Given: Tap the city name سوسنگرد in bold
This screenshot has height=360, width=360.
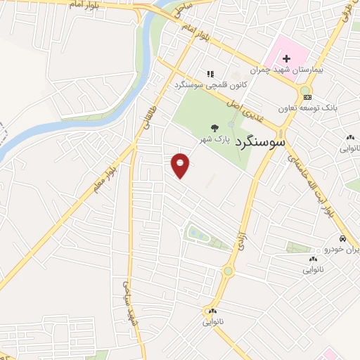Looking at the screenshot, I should point(259,141).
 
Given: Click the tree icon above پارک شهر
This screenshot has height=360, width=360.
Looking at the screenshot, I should point(214,127).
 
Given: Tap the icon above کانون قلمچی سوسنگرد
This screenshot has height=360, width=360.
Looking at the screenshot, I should point(209,73).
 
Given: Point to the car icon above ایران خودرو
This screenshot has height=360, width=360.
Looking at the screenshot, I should point(342,238).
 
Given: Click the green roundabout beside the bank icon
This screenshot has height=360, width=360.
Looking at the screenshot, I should point(307,91).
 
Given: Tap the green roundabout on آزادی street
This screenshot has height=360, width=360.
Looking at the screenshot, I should point(229,271).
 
